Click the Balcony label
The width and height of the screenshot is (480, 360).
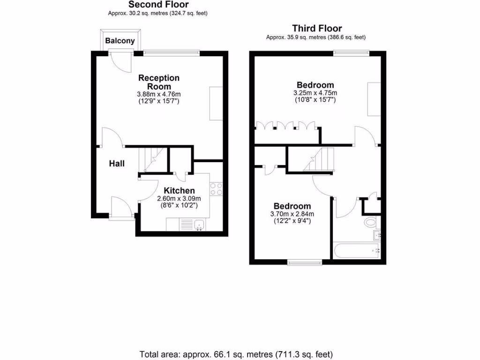[120, 41]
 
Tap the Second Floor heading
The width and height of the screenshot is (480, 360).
[158, 5]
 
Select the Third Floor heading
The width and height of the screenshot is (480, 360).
[317, 29]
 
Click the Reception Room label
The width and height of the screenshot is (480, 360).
[159, 82]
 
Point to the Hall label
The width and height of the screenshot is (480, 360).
[117, 164]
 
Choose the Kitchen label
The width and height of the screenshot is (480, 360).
[179, 190]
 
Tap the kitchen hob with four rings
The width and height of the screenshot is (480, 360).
[216, 188]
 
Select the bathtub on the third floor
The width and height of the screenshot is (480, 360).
[356, 251]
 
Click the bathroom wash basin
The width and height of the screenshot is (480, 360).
[376, 234]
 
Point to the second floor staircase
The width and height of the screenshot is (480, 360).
[153, 159]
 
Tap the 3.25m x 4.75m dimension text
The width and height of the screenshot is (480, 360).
[315, 93]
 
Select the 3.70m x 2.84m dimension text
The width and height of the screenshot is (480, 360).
[292, 214]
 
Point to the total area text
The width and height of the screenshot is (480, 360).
[236, 354]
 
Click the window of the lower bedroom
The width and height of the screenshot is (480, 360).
[305, 262]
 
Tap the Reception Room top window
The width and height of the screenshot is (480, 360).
[171, 53]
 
